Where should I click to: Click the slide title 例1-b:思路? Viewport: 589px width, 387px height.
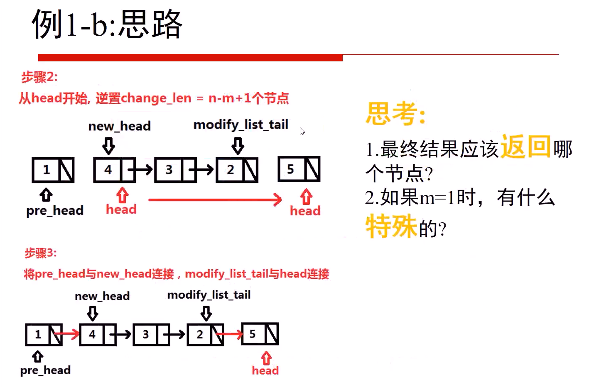[x=107, y=24]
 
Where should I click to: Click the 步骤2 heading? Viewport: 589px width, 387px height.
[x=39, y=77]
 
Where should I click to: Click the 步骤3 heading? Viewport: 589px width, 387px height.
[x=40, y=253]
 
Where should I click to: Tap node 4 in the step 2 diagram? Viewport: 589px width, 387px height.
[x=114, y=170]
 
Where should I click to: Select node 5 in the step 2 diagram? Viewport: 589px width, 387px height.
[x=299, y=169]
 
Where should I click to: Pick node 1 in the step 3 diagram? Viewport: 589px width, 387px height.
[x=44, y=334]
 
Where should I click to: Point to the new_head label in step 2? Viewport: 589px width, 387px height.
[x=119, y=126]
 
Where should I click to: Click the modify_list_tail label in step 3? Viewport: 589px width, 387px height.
[x=209, y=295]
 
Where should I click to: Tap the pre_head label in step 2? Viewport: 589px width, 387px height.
[x=55, y=211]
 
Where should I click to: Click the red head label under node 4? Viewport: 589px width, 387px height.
[x=121, y=209]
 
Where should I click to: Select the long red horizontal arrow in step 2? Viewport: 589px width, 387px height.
[x=215, y=200]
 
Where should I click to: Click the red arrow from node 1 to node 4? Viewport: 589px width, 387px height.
[x=66, y=333]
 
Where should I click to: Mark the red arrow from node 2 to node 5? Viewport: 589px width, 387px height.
[x=229, y=333]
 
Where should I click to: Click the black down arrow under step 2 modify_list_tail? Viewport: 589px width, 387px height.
[x=238, y=146]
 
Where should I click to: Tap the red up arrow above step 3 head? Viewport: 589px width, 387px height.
[x=266, y=358]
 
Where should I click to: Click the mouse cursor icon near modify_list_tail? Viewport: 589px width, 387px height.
[x=302, y=131]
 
